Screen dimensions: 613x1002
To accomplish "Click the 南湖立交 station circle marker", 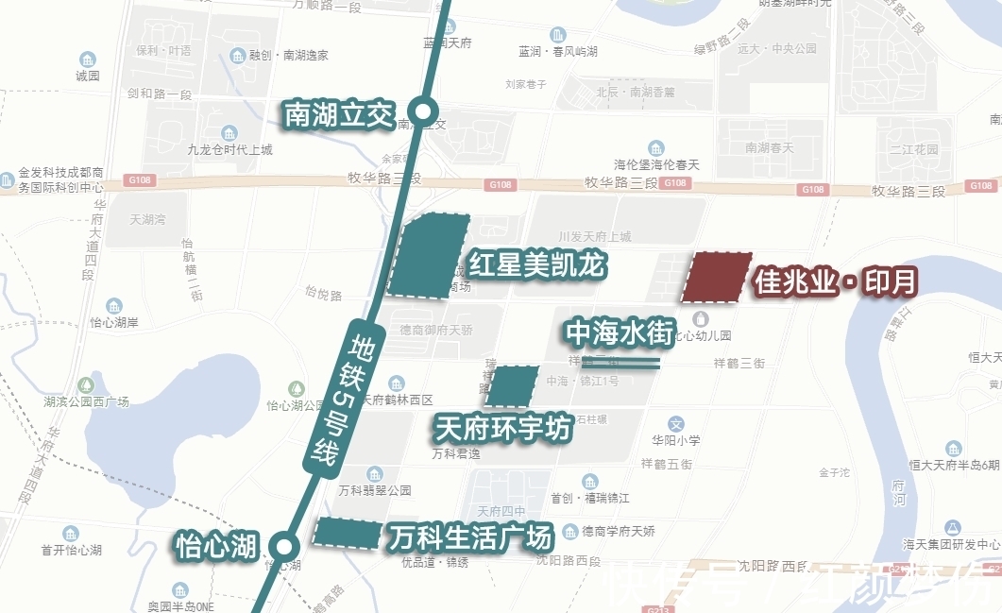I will [424, 112].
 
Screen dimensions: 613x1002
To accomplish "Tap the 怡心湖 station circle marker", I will [281, 545].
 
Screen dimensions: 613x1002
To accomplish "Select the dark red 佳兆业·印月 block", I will [717, 278].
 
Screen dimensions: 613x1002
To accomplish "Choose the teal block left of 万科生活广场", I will [346, 534].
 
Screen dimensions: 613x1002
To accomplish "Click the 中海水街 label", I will [620, 332].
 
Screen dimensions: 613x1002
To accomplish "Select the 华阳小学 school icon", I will [675, 424].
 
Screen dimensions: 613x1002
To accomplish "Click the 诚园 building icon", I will [88, 60].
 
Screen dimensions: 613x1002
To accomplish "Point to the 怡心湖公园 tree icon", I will [297, 388].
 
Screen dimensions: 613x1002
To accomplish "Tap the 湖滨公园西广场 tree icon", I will [86, 384].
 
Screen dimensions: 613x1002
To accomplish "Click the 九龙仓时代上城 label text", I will [229, 149].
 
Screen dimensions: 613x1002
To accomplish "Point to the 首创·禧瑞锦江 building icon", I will [590, 482].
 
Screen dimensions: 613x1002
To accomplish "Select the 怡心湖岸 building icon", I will [114, 306].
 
